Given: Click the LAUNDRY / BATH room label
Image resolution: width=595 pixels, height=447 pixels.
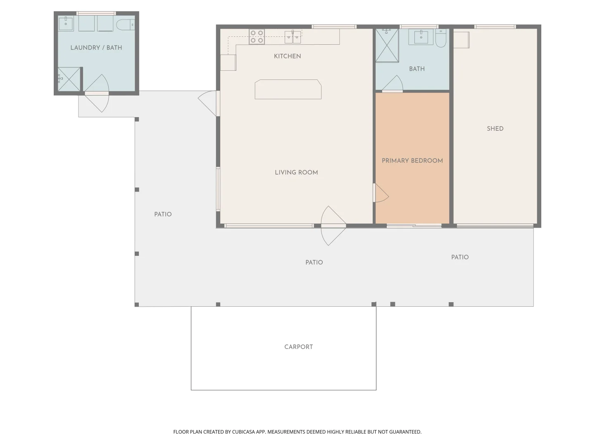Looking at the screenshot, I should point(96,48).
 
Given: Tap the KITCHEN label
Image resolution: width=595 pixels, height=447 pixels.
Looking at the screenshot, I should point(287,56).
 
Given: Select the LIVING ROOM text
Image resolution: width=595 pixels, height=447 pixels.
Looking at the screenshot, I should point(296,173).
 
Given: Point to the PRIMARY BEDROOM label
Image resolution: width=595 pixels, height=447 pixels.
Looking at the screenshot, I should point(412,161).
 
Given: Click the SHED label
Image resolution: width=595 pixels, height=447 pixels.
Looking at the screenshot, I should point(495,129).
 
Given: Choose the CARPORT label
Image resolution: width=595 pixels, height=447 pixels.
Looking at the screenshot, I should point(298,347).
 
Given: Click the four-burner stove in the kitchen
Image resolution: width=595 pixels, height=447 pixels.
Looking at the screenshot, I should point(257,37).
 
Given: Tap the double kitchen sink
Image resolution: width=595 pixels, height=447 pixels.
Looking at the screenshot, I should point(293,37).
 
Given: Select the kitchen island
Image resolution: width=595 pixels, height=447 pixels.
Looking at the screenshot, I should point(288,89).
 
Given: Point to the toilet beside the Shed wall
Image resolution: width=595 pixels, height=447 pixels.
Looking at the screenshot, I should point(440,38).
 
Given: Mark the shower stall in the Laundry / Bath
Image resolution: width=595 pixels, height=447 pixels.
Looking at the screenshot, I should point(69,79).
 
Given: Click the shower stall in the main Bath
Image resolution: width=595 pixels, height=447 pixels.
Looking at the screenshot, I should point(387,45).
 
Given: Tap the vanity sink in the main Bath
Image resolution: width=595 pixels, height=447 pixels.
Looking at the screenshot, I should point(421,36).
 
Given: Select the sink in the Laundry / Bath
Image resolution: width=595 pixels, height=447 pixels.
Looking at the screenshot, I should point(66,23).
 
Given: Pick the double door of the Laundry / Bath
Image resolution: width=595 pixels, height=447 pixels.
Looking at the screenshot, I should point(97,94).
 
